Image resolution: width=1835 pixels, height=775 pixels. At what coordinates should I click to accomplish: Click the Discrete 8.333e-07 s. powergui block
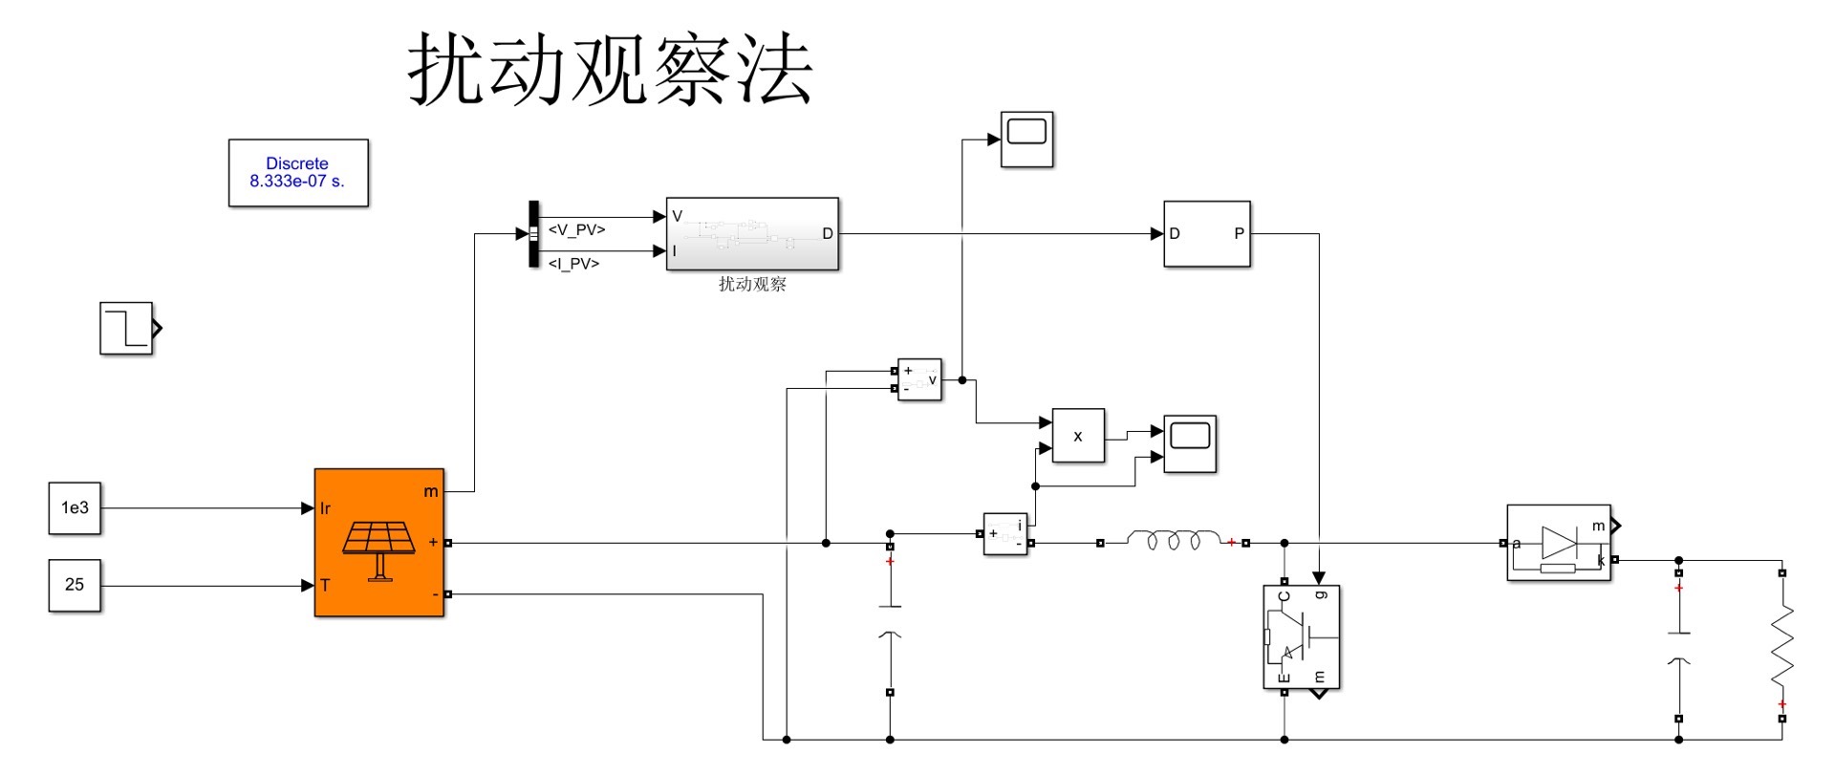pyautogui.click(x=298, y=173)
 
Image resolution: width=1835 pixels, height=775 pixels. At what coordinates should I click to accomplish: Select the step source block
pyautogui.click(x=126, y=329)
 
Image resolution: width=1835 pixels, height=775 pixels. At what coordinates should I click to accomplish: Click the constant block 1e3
pyautogui.click(x=75, y=507)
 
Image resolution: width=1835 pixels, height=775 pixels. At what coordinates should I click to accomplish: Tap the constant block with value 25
pyautogui.click(x=75, y=585)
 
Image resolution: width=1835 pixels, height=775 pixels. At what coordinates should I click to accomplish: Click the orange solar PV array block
pyautogui.click(x=379, y=543)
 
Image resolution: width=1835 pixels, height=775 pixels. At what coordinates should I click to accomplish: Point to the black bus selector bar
pyautogui.click(x=534, y=234)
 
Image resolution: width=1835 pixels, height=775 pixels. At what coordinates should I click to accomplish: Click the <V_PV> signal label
pyautogui.click(x=576, y=230)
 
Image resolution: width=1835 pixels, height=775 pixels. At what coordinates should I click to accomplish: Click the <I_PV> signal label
pyautogui.click(x=573, y=264)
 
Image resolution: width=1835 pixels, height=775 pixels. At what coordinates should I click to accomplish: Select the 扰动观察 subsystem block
pyautogui.click(x=752, y=234)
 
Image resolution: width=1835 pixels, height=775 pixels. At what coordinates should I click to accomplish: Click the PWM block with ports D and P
pyautogui.click(x=1206, y=234)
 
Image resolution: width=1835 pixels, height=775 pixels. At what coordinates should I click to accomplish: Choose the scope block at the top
pyautogui.click(x=1026, y=140)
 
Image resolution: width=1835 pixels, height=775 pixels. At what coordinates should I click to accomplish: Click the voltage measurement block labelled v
pyautogui.click(x=919, y=380)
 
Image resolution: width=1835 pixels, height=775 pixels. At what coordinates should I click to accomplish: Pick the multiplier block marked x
pyautogui.click(x=1078, y=436)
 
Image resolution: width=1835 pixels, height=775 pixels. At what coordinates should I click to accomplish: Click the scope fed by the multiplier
pyautogui.click(x=1190, y=443)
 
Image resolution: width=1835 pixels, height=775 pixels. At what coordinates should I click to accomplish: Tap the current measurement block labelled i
pyautogui.click(x=1005, y=533)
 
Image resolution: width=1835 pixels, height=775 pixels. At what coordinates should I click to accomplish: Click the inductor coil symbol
pyautogui.click(x=1174, y=541)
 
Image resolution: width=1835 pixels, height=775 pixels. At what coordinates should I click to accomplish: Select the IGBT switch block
pyautogui.click(x=1301, y=636)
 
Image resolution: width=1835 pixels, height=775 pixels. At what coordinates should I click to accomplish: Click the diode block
pyautogui.click(x=1558, y=543)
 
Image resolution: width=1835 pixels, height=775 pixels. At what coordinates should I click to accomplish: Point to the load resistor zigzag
pyautogui.click(x=1781, y=645)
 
